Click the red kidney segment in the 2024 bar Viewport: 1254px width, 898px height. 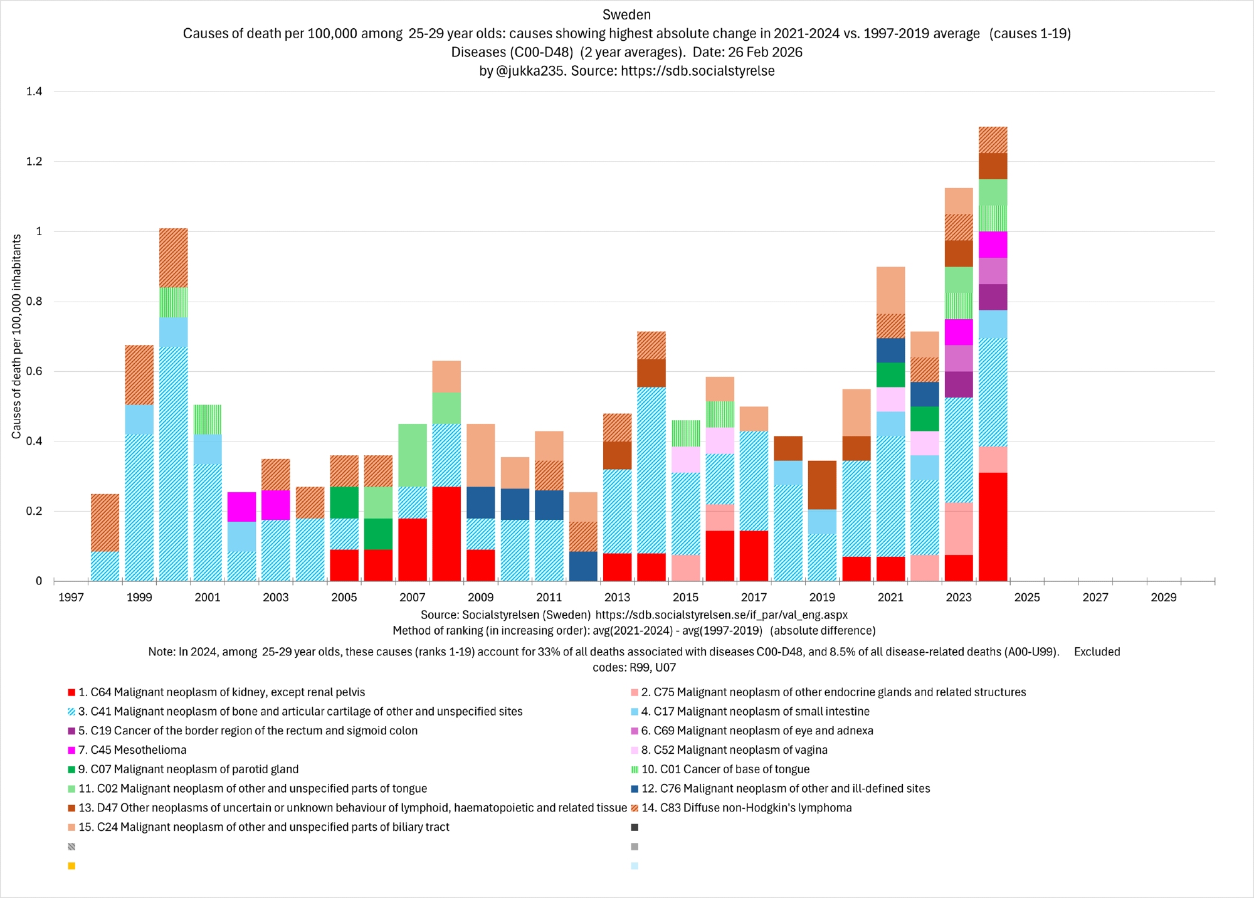(x=993, y=527)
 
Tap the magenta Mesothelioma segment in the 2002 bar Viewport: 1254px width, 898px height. (x=241, y=507)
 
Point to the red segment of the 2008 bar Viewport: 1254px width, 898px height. (x=446, y=534)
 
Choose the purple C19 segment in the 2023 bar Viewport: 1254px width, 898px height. (x=959, y=384)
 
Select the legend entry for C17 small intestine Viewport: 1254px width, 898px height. (x=755, y=712)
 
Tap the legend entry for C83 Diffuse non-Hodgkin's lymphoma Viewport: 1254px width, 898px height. (x=746, y=808)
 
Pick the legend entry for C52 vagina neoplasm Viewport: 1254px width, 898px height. (x=734, y=750)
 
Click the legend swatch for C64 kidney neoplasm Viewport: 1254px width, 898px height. (x=71, y=693)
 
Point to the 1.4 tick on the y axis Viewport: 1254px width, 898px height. (x=34, y=92)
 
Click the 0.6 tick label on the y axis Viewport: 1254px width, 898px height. (x=34, y=371)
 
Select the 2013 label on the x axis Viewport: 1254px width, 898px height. (x=617, y=597)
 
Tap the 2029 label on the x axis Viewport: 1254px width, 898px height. (x=1164, y=597)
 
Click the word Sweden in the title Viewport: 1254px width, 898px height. (x=626, y=14)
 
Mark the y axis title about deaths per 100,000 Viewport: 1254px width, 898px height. (x=17, y=336)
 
